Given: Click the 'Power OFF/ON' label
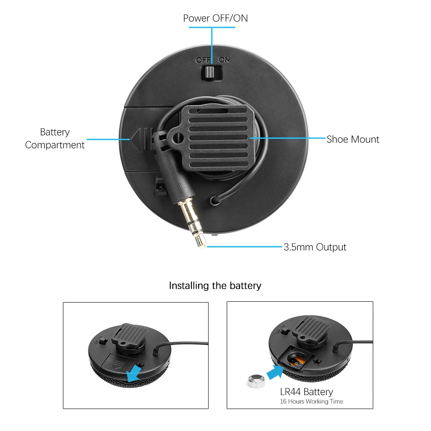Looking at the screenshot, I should [x=215, y=18].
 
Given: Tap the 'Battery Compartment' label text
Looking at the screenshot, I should [x=55, y=138].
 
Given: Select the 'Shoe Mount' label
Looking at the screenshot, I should [x=353, y=139].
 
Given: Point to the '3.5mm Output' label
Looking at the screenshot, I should [x=315, y=247].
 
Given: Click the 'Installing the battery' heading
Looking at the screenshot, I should [x=215, y=285].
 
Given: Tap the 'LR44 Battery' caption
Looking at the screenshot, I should [x=306, y=392].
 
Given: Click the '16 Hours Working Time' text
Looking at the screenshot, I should [x=311, y=402].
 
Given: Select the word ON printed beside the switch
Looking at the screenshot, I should [x=224, y=60].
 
